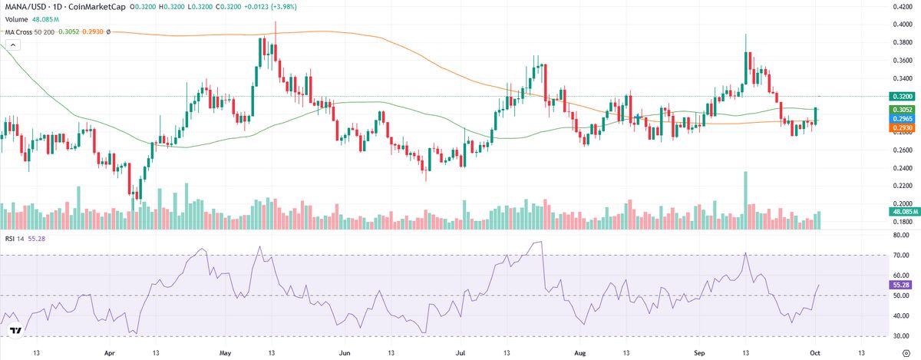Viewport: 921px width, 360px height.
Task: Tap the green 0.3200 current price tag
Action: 901,97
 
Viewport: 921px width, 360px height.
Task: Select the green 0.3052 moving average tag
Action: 901,110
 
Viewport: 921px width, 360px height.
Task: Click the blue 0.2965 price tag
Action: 901,119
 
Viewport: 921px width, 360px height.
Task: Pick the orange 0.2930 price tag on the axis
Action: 901,128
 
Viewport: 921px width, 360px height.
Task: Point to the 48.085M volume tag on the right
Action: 901,210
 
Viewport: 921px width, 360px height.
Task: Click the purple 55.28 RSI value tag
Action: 901,285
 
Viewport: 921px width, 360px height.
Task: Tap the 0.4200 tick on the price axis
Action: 901,6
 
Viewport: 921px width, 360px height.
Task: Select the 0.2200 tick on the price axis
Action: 901,186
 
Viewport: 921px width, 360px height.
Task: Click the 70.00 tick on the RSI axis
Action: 901,255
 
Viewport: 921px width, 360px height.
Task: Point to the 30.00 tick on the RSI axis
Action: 901,336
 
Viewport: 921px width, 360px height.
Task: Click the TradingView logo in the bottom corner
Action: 15,331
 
